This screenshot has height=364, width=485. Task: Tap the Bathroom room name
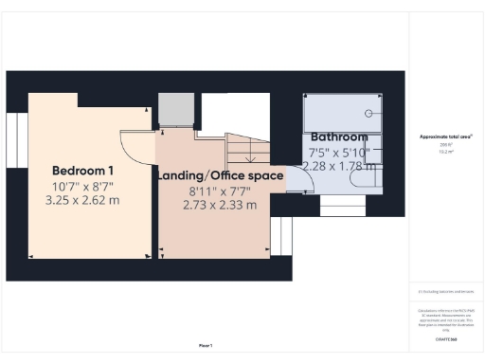point(339,136)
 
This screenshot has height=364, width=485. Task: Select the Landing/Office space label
point(219,176)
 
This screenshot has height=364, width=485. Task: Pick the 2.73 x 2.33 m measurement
point(219,205)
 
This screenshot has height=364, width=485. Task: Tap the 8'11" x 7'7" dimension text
point(219,191)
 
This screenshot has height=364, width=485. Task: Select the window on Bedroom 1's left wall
point(16,139)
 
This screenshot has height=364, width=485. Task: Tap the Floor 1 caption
point(206,345)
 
